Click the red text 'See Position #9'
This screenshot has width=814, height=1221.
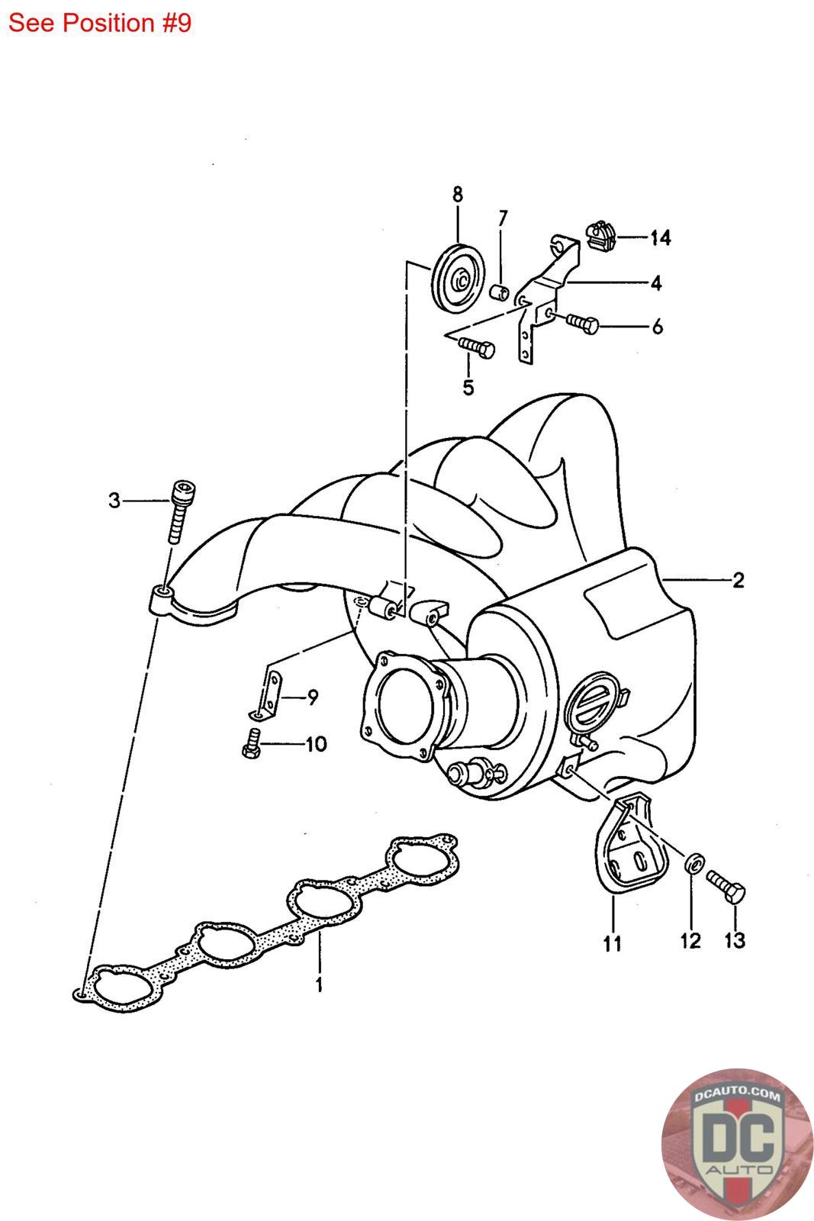pyautogui.click(x=100, y=24)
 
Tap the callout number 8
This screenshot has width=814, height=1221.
pyautogui.click(x=457, y=195)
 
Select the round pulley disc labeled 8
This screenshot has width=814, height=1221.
pyautogui.click(x=456, y=281)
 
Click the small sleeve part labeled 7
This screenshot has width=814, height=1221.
pyautogui.click(x=499, y=292)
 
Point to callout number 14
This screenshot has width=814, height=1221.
pyautogui.click(x=660, y=238)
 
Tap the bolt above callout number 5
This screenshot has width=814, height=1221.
pyautogui.click(x=477, y=347)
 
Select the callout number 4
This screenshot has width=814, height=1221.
pyautogui.click(x=656, y=284)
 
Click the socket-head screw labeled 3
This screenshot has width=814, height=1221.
pyautogui.click(x=178, y=509)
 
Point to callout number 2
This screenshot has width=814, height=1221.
pyautogui.click(x=737, y=581)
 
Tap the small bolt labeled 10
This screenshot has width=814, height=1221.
pyautogui.click(x=250, y=743)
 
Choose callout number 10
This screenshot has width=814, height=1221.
pyautogui.click(x=315, y=744)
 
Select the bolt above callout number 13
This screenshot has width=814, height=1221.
pyautogui.click(x=727, y=887)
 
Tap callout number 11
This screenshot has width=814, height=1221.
pyautogui.click(x=612, y=945)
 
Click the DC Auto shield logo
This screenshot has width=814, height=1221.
pyautogui.click(x=736, y=1143)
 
